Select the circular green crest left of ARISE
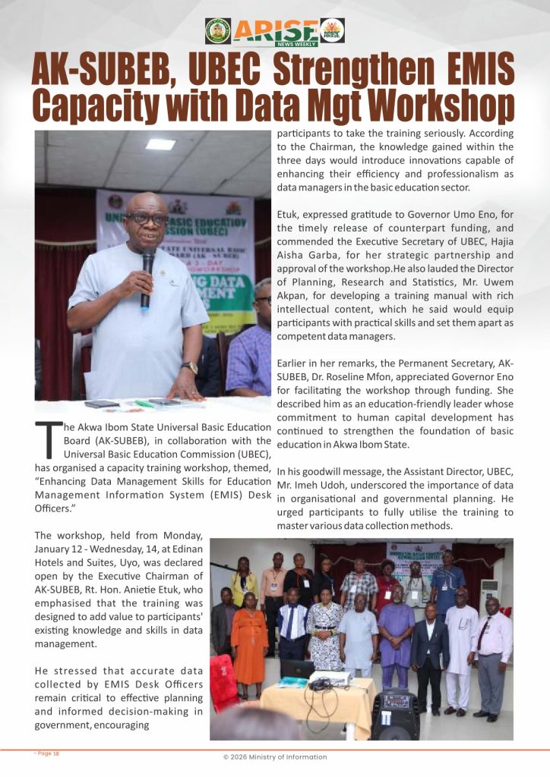(218, 30)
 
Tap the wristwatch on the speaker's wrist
(189, 367)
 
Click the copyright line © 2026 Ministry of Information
(275, 757)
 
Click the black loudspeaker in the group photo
(396, 713)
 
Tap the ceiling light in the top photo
(160, 143)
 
